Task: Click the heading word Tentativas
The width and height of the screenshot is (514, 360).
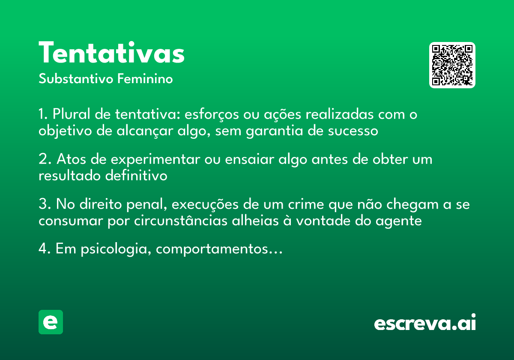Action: (x=111, y=54)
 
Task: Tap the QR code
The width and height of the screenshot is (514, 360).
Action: (x=452, y=65)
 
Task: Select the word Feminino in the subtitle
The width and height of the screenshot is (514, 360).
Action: (x=145, y=79)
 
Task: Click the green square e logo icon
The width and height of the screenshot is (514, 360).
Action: (x=51, y=322)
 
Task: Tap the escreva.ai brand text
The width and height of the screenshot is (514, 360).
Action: (x=425, y=323)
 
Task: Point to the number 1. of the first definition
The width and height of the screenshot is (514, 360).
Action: (x=44, y=115)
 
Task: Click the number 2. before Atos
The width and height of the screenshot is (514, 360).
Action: (x=45, y=160)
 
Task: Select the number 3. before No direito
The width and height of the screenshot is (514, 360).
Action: (x=45, y=205)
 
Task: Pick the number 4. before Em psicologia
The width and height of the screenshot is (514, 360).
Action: (x=45, y=249)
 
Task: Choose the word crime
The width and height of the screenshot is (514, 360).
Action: (x=307, y=205)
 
